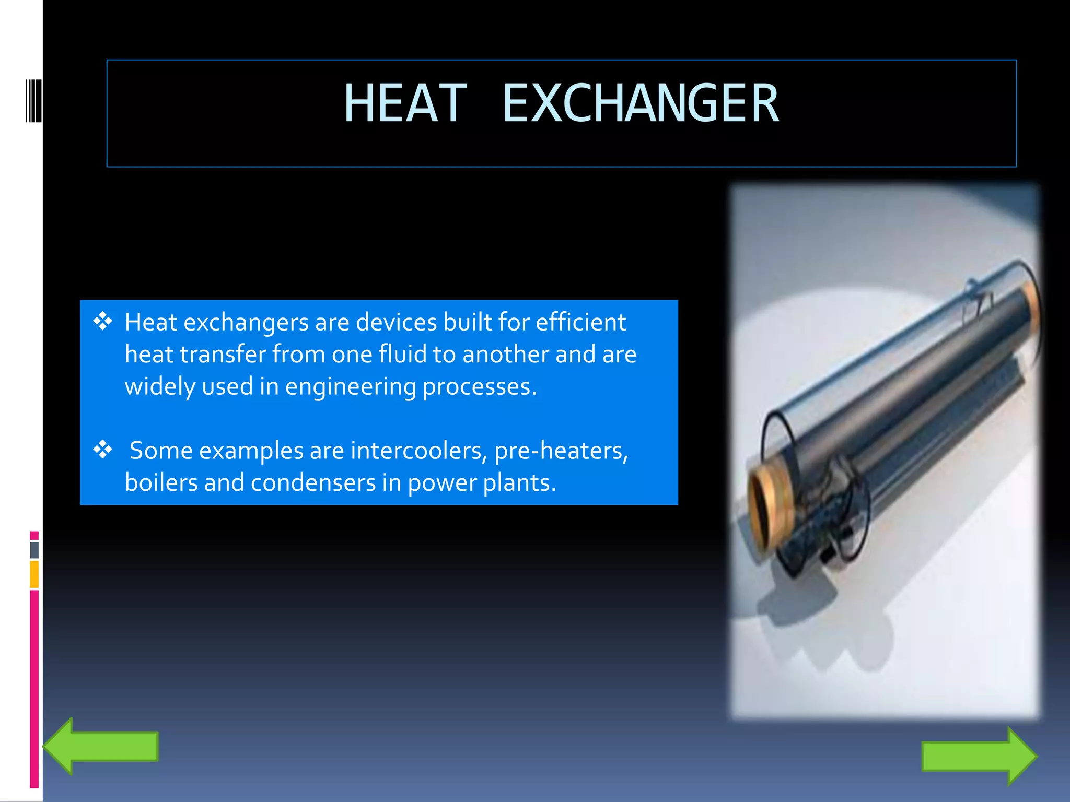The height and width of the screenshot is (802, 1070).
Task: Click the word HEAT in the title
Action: pos(405,103)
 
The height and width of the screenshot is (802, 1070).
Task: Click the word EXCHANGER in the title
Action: pos(641,103)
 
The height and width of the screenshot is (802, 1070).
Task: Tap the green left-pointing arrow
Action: pos(101,746)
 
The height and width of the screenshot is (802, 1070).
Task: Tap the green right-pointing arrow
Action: pos(979,756)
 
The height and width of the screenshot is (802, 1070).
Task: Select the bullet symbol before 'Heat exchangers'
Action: pos(103,321)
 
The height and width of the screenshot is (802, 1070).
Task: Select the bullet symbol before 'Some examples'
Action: pos(103,450)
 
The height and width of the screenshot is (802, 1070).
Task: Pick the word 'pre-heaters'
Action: pos(561,451)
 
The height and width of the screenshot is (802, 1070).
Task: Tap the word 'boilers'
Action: pos(161,482)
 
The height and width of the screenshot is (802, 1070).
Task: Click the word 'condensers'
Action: pos(313,482)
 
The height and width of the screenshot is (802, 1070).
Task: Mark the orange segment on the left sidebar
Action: pos(34,574)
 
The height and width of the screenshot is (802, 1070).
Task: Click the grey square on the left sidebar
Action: pos(34,550)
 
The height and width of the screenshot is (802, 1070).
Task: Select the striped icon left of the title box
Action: pos(33,101)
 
